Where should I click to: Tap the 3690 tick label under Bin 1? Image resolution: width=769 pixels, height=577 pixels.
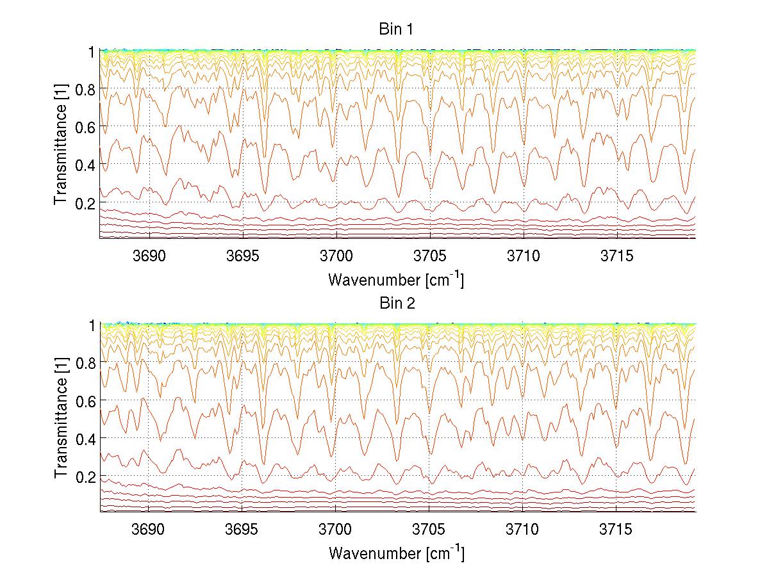pyautogui.click(x=149, y=256)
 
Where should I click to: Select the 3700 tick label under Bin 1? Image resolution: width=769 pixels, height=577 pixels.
pyautogui.click(x=336, y=256)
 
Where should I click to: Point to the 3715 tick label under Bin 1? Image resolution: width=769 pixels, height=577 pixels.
pyautogui.click(x=616, y=256)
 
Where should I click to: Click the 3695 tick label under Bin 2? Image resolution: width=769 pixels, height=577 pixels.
pyautogui.click(x=243, y=530)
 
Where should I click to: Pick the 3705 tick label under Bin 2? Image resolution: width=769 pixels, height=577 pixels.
pyautogui.click(x=430, y=530)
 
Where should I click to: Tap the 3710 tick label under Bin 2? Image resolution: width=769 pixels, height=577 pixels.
pyautogui.click(x=523, y=530)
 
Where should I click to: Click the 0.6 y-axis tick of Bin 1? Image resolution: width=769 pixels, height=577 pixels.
pyautogui.click(x=85, y=127)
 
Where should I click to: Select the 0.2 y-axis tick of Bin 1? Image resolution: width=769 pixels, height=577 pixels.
pyautogui.click(x=85, y=203)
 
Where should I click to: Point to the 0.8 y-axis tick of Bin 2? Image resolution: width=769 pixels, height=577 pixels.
pyautogui.click(x=85, y=363)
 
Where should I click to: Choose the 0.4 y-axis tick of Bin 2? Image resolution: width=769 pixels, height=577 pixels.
pyautogui.click(x=85, y=439)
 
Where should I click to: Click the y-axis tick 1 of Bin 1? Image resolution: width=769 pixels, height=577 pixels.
pyautogui.click(x=92, y=52)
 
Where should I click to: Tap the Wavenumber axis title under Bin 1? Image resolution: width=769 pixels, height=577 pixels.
pyautogui.click(x=395, y=279)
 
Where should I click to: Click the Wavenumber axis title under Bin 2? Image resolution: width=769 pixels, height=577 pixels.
pyautogui.click(x=395, y=553)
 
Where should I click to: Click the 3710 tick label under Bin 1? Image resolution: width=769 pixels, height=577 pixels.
pyautogui.click(x=523, y=256)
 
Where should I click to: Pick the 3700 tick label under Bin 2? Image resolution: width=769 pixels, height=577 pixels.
pyautogui.click(x=336, y=530)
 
